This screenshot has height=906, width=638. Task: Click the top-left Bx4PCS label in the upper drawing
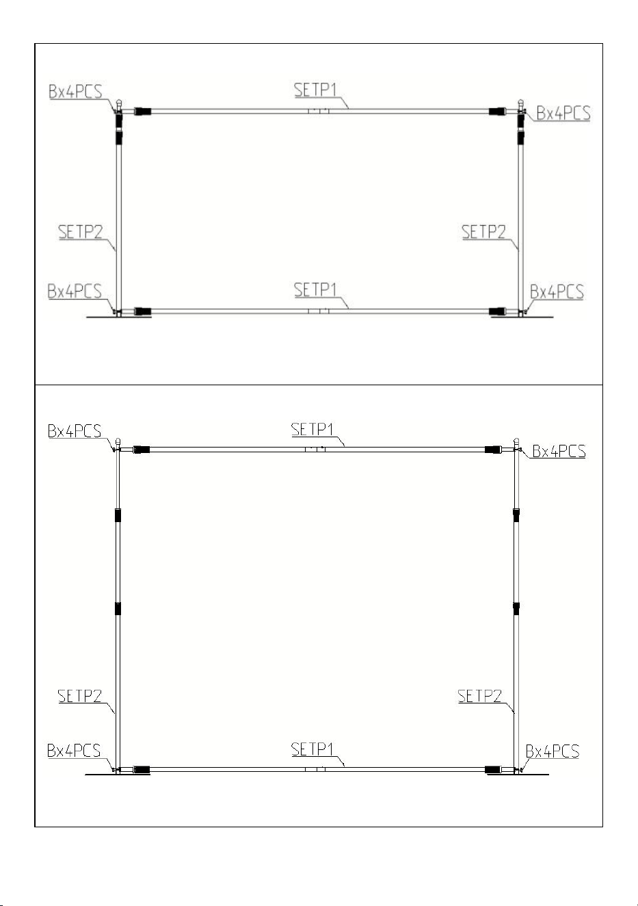pyautogui.click(x=75, y=92)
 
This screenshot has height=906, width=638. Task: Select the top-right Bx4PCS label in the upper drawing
pyautogui.click(x=563, y=113)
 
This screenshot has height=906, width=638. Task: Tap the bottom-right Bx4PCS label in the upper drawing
pyautogui.click(x=557, y=292)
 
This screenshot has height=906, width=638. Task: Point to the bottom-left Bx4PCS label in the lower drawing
pyautogui.click(x=74, y=751)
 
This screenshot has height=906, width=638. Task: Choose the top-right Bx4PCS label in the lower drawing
pyautogui.click(x=559, y=451)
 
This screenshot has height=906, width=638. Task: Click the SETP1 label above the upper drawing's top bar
pyautogui.click(x=315, y=90)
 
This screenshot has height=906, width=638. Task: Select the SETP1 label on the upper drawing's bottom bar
pyautogui.click(x=315, y=289)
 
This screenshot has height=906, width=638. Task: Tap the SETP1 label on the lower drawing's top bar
pyautogui.click(x=313, y=430)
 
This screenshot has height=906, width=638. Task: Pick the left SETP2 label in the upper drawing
pyautogui.click(x=81, y=232)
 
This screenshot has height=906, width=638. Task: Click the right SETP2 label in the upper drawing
pyautogui.click(x=483, y=232)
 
